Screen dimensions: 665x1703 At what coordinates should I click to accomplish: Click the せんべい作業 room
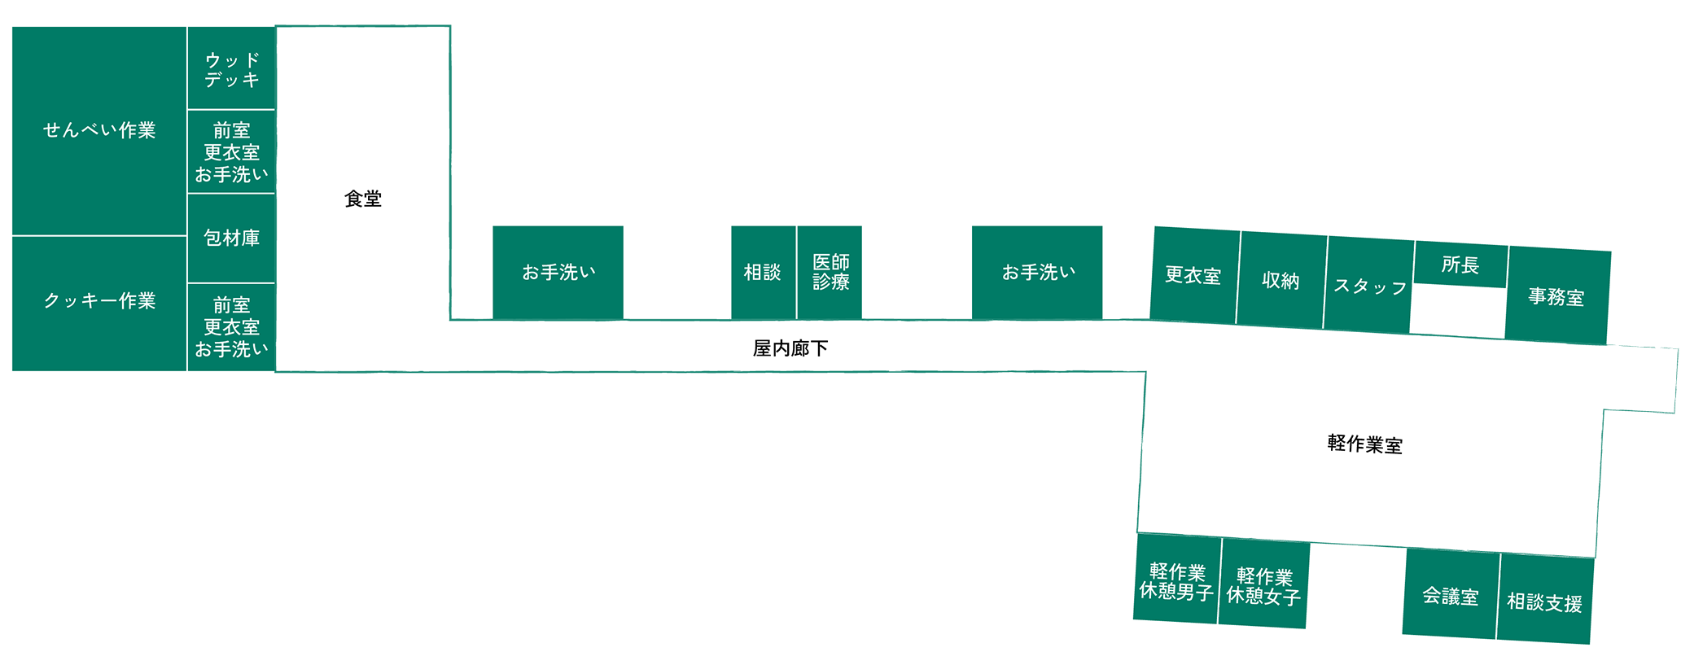[x=99, y=130]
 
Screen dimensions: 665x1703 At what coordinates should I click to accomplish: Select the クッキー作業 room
[x=99, y=301]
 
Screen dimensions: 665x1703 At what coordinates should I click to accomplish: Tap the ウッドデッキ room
[x=232, y=69]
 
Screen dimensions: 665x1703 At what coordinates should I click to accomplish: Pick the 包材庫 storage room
[x=232, y=238]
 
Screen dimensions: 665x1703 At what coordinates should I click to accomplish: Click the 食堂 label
[x=363, y=199]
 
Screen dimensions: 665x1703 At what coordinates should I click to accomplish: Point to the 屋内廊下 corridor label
[x=790, y=348]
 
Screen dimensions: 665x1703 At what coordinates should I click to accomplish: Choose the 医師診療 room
[x=830, y=272]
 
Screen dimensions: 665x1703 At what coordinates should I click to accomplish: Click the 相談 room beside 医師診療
[x=763, y=272]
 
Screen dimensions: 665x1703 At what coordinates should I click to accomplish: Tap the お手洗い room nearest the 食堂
[x=558, y=272]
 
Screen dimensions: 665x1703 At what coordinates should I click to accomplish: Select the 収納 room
[x=1281, y=281]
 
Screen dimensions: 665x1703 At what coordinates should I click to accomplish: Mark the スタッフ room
[x=1370, y=287]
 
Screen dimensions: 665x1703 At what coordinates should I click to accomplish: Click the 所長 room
[x=1460, y=265]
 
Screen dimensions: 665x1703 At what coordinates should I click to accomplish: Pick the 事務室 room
[x=1556, y=297]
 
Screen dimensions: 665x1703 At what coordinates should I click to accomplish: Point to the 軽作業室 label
[x=1365, y=444]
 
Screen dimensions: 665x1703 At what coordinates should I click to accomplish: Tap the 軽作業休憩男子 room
[x=1176, y=580]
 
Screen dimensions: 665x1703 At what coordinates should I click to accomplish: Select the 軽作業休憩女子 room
[x=1263, y=585]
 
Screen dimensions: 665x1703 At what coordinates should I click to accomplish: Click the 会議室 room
[x=1451, y=596]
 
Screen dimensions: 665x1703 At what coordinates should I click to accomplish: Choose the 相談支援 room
[x=1544, y=602]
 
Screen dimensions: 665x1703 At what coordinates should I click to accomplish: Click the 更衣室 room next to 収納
[x=1193, y=275]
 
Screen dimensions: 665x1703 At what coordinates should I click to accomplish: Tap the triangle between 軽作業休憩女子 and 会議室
[x=1357, y=562]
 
